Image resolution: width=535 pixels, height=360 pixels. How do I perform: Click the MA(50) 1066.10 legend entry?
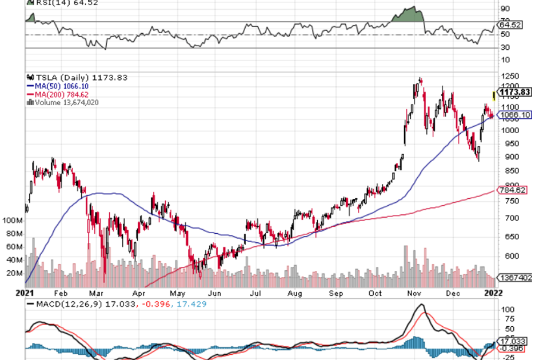coord(62,86)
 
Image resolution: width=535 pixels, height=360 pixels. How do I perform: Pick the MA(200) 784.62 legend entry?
coord(63,94)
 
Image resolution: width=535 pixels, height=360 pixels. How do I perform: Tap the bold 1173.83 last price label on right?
coord(515,92)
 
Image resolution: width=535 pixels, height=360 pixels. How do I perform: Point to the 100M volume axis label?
coord(12,220)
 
